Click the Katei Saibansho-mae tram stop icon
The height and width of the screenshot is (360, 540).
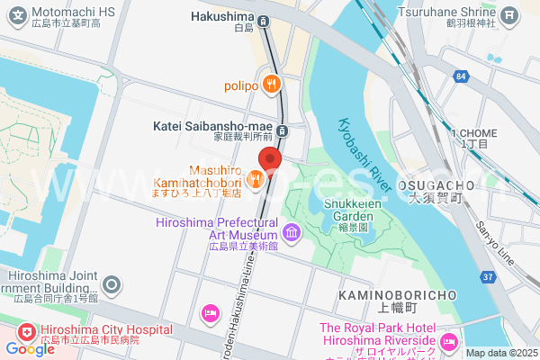283,130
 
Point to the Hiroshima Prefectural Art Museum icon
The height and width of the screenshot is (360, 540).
292,234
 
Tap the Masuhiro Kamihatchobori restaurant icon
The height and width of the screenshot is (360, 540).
255,180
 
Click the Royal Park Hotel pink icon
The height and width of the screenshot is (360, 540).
449,340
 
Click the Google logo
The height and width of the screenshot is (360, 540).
30,348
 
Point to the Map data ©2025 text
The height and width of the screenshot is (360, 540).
500,353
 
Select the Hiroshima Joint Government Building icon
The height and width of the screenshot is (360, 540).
112,286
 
